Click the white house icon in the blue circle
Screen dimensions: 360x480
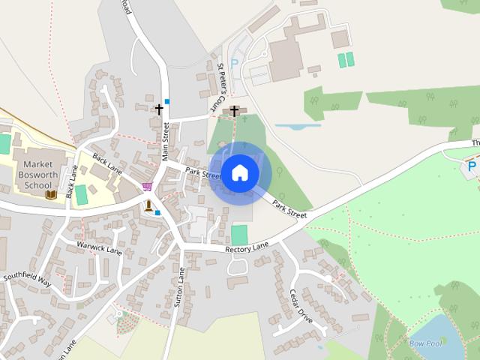(239, 173)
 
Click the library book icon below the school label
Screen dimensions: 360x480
(51, 195)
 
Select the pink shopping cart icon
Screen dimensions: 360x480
(147, 186)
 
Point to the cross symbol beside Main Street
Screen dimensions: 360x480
(158, 109)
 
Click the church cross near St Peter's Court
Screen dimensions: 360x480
(234, 112)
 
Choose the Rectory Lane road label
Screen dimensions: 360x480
(246, 247)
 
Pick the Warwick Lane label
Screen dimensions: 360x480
(99, 247)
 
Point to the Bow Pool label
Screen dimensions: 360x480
(425, 343)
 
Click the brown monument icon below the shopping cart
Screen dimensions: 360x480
(148, 205)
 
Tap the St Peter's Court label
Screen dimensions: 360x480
(221, 82)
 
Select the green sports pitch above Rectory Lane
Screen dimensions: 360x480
(239, 234)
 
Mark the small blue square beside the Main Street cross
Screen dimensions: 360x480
(167, 101)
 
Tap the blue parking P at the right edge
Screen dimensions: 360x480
(472, 166)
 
